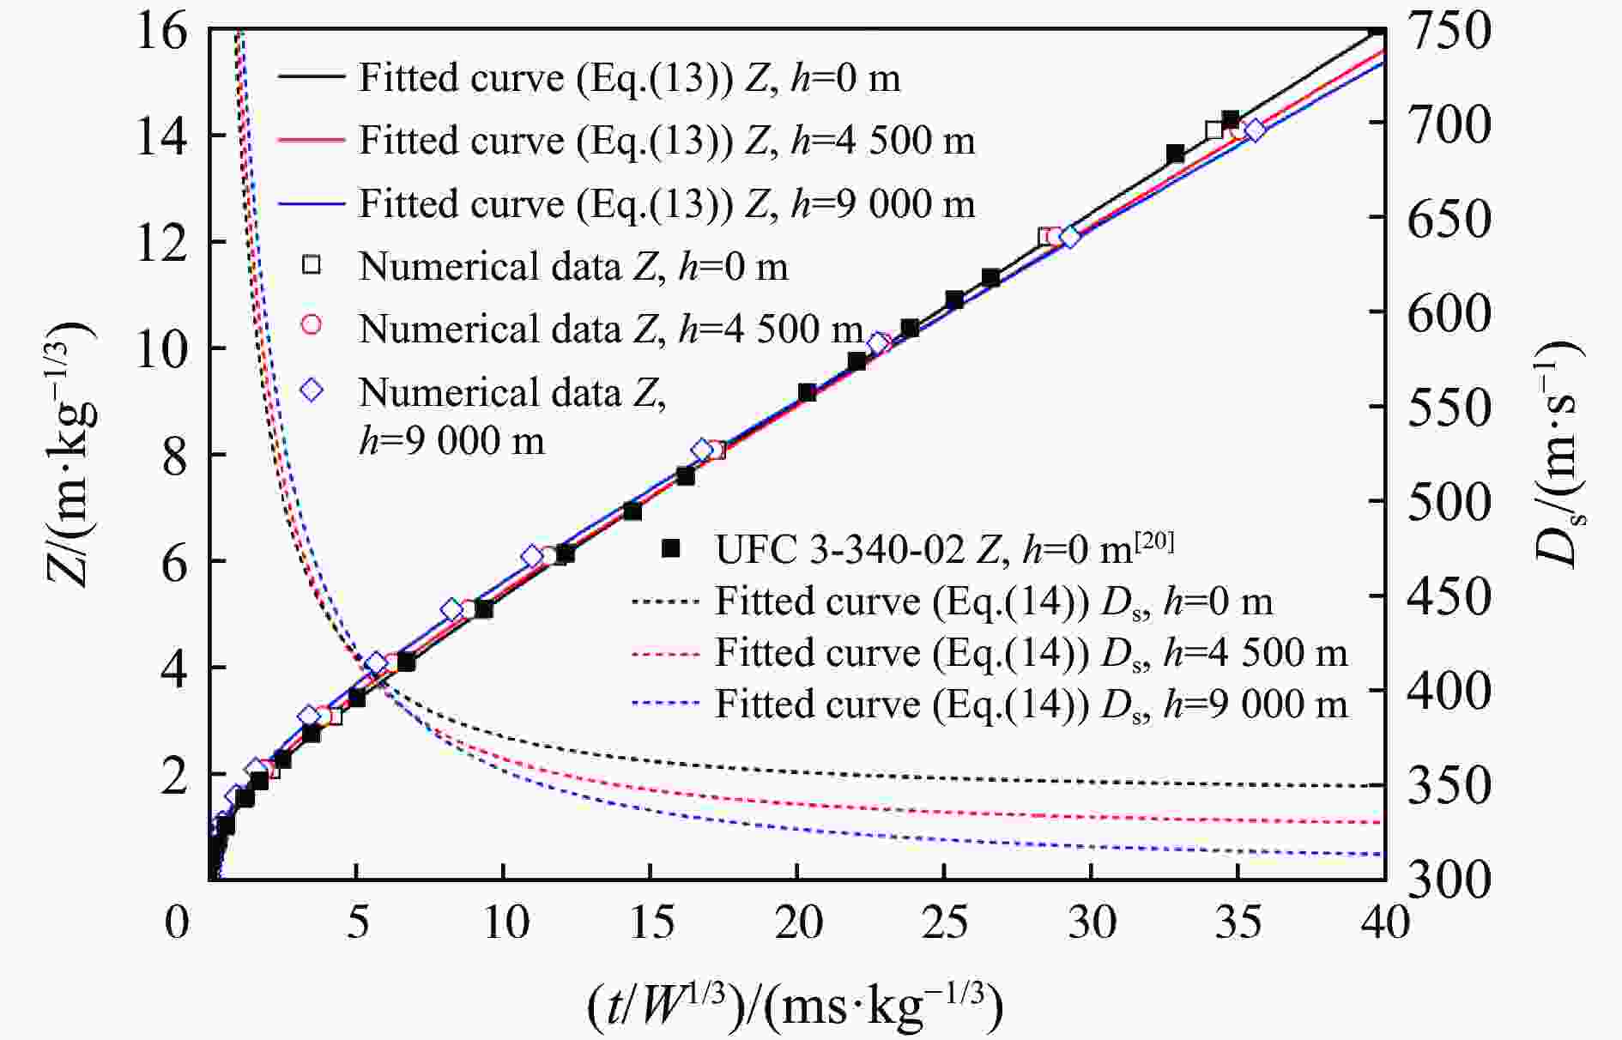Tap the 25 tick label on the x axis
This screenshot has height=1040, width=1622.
[945, 923]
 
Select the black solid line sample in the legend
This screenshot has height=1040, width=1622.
[311, 77]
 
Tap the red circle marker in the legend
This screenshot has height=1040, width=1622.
[312, 324]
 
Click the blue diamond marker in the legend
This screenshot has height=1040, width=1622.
[312, 390]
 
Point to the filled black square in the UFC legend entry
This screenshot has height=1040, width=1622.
[671, 547]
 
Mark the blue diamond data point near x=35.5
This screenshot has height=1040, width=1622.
[1255, 130]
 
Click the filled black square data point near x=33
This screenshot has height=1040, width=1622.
[1176, 154]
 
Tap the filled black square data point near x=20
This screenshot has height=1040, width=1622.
[807, 393]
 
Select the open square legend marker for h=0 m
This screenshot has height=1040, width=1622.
[312, 265]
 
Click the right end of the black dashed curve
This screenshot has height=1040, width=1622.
[1380, 786]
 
